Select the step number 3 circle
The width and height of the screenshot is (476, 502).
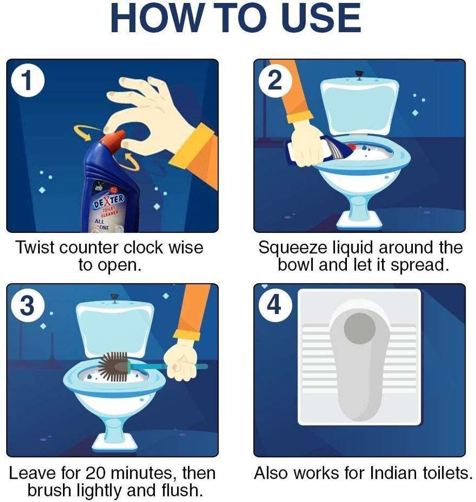coord(27,306)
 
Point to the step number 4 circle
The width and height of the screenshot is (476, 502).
coord(275,306)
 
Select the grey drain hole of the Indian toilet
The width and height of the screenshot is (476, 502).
coord(359,329)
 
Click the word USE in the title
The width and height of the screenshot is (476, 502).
coord(321,18)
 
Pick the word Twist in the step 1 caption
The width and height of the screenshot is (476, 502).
coord(35,248)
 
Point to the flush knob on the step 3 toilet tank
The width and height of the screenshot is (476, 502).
coord(114,298)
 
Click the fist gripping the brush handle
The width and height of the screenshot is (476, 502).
coord(181,364)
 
